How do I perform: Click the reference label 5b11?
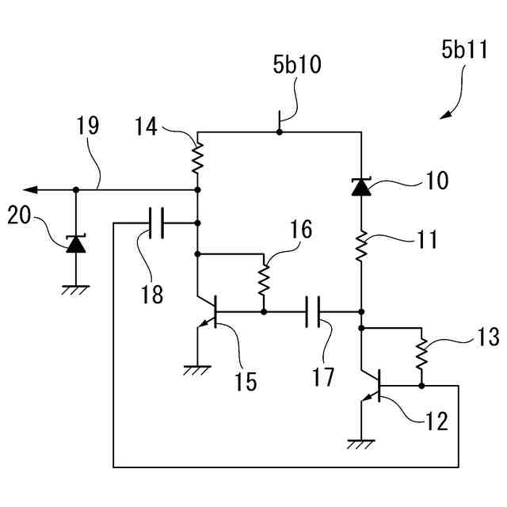click(464, 50)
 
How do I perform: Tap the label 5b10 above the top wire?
click(297, 64)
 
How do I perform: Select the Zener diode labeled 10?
click(361, 187)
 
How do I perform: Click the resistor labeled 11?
click(361, 246)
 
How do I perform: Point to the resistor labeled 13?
click(421, 354)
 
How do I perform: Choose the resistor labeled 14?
click(197, 158)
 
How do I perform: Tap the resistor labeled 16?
click(264, 280)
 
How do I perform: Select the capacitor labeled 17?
click(313, 311)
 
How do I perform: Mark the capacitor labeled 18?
click(157, 223)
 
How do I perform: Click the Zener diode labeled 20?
click(76, 244)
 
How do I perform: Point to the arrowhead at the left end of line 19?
click(30, 190)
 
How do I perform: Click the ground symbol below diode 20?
click(76, 290)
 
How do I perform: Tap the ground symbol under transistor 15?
click(197, 370)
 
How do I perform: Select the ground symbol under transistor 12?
click(361, 444)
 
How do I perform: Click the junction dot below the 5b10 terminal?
click(280, 132)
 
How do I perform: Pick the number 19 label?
click(87, 125)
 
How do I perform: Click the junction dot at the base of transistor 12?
click(421, 386)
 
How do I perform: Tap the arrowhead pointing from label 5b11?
click(445, 115)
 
